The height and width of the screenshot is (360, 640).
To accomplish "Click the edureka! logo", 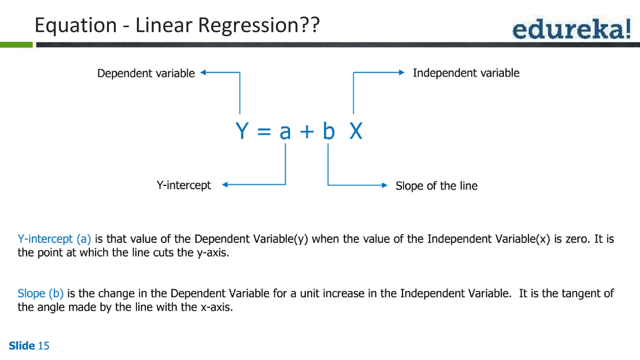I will [x=571, y=28].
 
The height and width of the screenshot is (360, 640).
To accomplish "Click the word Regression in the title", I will [x=248, y=25].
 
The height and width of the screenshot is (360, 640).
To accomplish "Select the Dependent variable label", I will [x=146, y=73].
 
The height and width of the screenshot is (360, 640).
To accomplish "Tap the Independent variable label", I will [x=466, y=73].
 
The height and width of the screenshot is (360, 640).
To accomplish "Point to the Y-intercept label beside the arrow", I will [x=184, y=185].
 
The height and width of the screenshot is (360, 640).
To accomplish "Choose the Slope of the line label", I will [x=436, y=186].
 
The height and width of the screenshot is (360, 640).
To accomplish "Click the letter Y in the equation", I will [x=242, y=131].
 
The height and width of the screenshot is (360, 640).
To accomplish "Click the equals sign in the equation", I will [x=264, y=132].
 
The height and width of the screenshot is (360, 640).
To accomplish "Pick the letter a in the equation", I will [x=285, y=132].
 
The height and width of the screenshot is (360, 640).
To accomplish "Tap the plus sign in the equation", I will [x=307, y=132].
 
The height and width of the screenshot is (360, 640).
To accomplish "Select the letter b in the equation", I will [x=329, y=131].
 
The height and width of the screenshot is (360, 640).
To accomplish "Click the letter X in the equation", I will [x=356, y=131].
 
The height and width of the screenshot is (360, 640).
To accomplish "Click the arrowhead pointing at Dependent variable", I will [x=203, y=72].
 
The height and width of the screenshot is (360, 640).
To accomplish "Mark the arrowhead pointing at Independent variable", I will [x=402, y=72].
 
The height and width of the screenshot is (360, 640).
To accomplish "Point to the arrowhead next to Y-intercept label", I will [x=225, y=185].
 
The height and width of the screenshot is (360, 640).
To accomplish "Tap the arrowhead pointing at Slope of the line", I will [x=385, y=185].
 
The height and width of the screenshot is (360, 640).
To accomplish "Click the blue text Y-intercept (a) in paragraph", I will [x=54, y=239].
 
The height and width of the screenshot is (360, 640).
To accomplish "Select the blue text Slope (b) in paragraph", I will [x=41, y=293].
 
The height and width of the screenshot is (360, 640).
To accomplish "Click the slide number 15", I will [x=43, y=346].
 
